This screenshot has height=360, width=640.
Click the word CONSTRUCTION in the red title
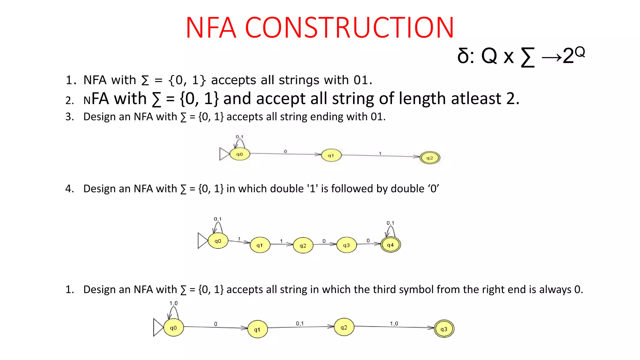(x=349, y=28)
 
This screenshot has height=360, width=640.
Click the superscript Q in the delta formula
(x=579, y=52)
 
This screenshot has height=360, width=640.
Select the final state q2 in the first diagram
(x=430, y=158)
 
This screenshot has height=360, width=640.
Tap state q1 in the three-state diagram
(x=331, y=155)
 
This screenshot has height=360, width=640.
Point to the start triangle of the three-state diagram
(x=224, y=154)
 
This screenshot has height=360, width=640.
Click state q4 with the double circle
(x=391, y=245)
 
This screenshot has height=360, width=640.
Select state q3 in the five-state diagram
(x=347, y=245)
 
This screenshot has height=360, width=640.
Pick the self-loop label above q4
(x=390, y=223)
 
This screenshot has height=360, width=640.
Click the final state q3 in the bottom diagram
(x=444, y=329)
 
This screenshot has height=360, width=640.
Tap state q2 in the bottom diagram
(x=344, y=327)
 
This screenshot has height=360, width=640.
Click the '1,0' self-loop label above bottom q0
(x=173, y=303)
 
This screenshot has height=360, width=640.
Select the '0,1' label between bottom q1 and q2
(x=300, y=323)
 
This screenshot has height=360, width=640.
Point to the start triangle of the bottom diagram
(x=158, y=327)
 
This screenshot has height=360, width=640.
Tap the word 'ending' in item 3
(x=327, y=117)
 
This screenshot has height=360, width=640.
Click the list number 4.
(x=69, y=189)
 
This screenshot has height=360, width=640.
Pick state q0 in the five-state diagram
(x=218, y=241)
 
